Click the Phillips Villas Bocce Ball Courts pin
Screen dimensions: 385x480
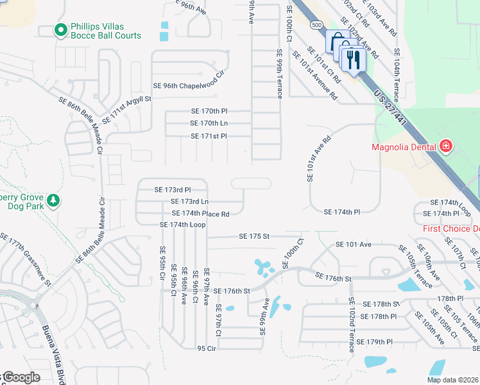[61, 30]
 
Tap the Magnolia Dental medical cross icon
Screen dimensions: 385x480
[445, 147]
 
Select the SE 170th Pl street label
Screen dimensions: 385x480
[209, 111]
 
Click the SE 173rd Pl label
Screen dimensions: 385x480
[173, 190]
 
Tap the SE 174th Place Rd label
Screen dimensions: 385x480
[200, 213]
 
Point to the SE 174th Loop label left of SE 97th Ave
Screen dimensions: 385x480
[182, 225]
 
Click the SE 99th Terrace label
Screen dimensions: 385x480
[279, 74]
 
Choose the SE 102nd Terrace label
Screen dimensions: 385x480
[351, 324]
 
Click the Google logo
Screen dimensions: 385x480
[22, 377]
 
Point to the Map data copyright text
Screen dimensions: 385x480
[452, 380]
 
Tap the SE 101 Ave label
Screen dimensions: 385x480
[354, 244]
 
